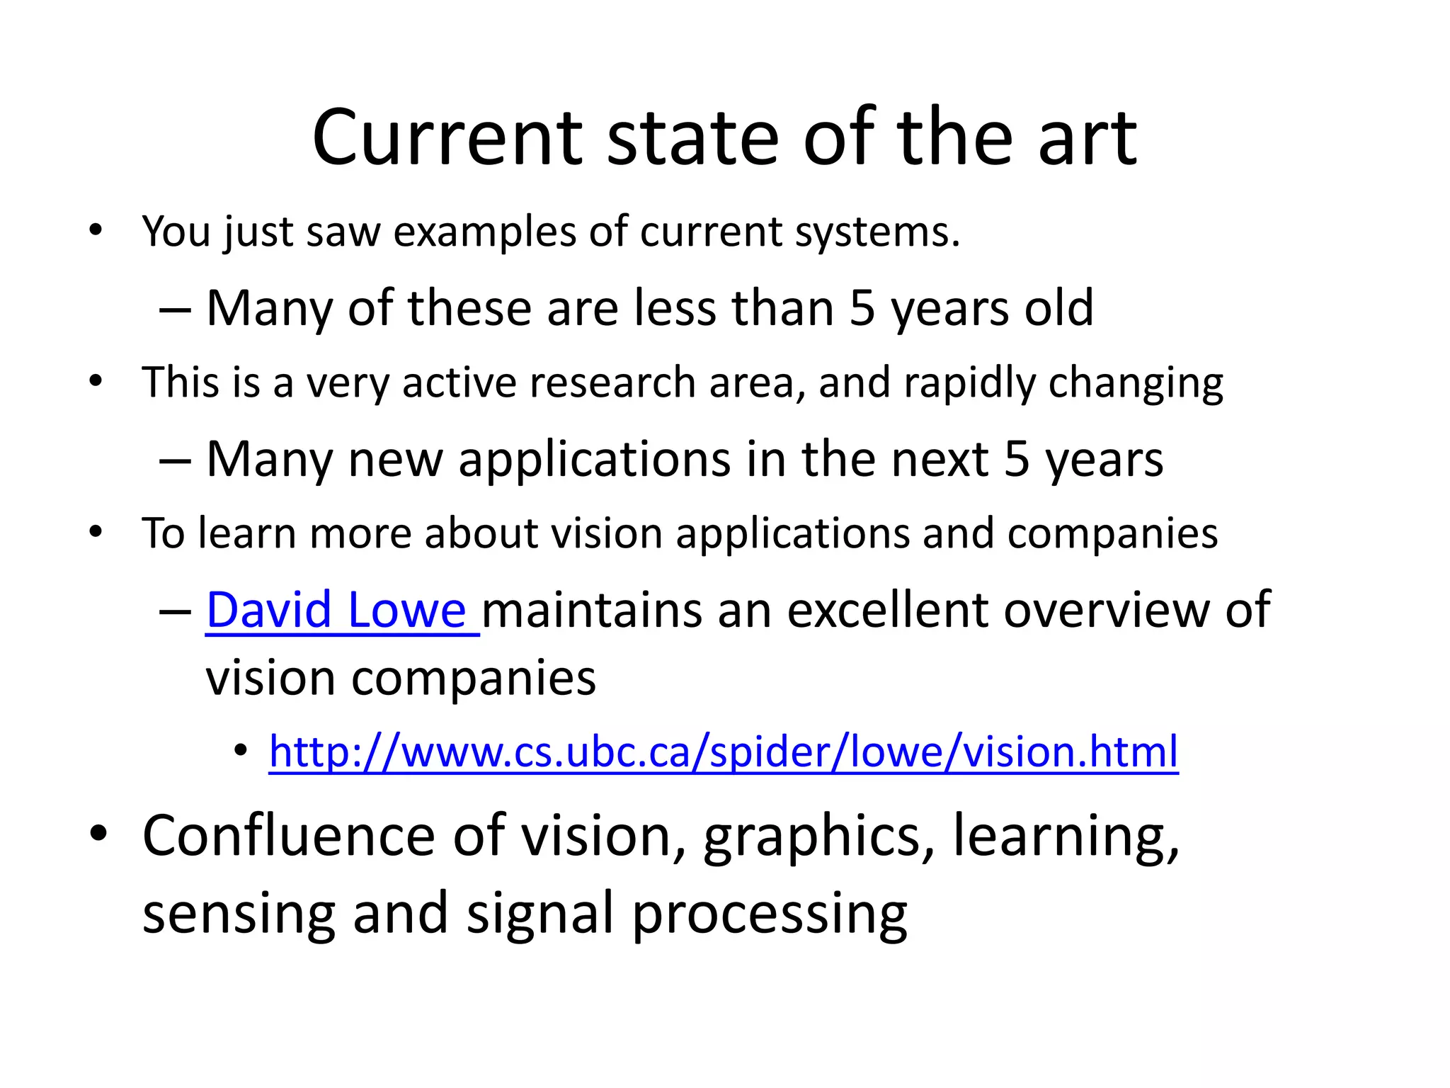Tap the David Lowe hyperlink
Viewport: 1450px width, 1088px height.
(336, 610)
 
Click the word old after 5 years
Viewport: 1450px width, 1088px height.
(1058, 308)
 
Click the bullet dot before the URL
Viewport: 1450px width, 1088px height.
(241, 749)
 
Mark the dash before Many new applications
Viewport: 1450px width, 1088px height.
(174, 461)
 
